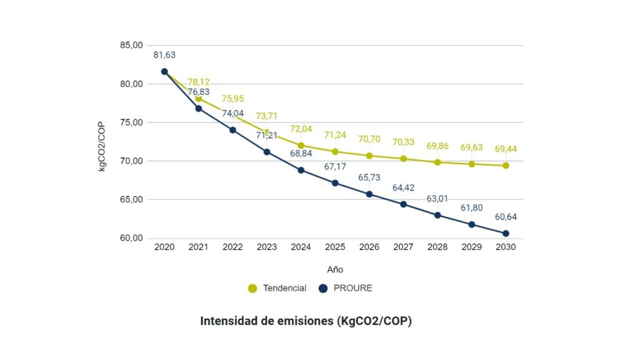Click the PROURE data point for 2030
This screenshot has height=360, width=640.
click(506, 234)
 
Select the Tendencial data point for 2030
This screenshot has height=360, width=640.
click(506, 166)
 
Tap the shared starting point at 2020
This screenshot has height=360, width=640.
click(164, 71)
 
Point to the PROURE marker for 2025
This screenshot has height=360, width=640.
click(335, 183)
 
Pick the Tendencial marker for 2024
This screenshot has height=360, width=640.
click(301, 146)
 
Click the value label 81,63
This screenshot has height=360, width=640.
click(164, 55)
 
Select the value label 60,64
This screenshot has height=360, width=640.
click(506, 217)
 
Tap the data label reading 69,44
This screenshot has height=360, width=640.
click(506, 149)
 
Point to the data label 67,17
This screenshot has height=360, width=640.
click(335, 167)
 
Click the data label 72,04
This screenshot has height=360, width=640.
click(301, 129)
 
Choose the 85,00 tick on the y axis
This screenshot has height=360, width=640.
click(131, 46)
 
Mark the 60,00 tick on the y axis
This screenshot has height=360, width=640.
click(131, 238)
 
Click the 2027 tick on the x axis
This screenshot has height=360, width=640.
click(403, 247)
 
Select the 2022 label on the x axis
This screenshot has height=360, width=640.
click(232, 247)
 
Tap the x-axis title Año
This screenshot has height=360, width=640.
click(335, 269)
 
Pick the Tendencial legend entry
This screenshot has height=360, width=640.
click(277, 288)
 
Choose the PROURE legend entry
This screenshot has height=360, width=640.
click(346, 288)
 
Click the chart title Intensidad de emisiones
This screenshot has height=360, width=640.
click(306, 321)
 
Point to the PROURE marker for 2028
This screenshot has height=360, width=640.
click(437, 215)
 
